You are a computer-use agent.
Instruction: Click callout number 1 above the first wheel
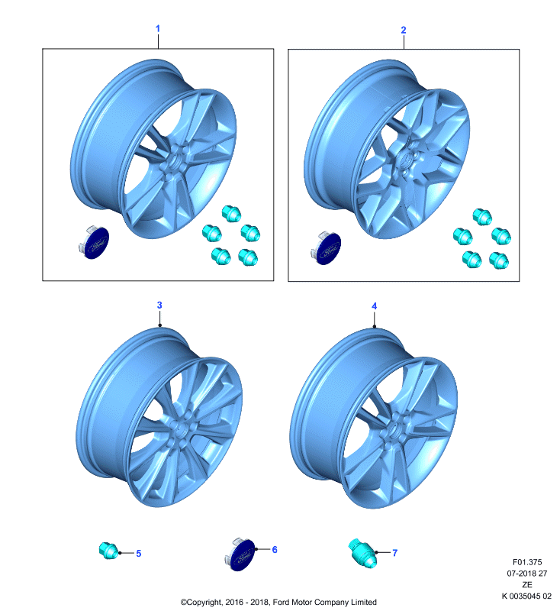click(x=158, y=28)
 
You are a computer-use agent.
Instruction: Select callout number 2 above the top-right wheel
click(x=404, y=30)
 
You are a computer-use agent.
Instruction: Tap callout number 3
click(x=159, y=305)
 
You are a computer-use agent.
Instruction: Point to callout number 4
click(x=375, y=306)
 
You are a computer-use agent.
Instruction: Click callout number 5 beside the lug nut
click(x=139, y=553)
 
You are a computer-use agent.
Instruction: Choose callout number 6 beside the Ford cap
click(x=275, y=549)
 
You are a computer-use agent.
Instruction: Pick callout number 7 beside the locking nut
click(x=395, y=552)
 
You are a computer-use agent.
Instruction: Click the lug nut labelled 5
click(x=108, y=551)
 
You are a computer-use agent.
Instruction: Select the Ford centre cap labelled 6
click(x=240, y=554)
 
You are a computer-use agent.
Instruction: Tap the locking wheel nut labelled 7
click(x=362, y=553)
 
